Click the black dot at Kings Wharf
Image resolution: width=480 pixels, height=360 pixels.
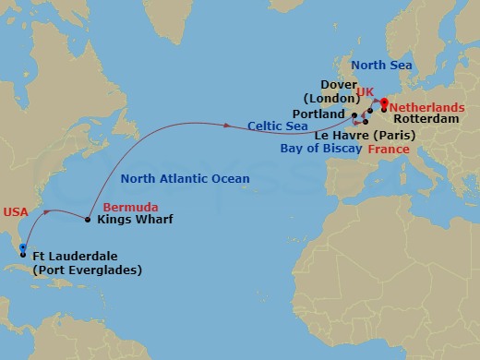click(x=88, y=220)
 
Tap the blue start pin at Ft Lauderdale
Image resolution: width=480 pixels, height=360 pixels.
click(x=22, y=247)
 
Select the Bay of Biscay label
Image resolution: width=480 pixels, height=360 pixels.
click(x=322, y=148)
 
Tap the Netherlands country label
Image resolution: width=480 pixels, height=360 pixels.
click(x=426, y=107)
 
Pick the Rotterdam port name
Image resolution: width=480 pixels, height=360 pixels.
click(x=424, y=119)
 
